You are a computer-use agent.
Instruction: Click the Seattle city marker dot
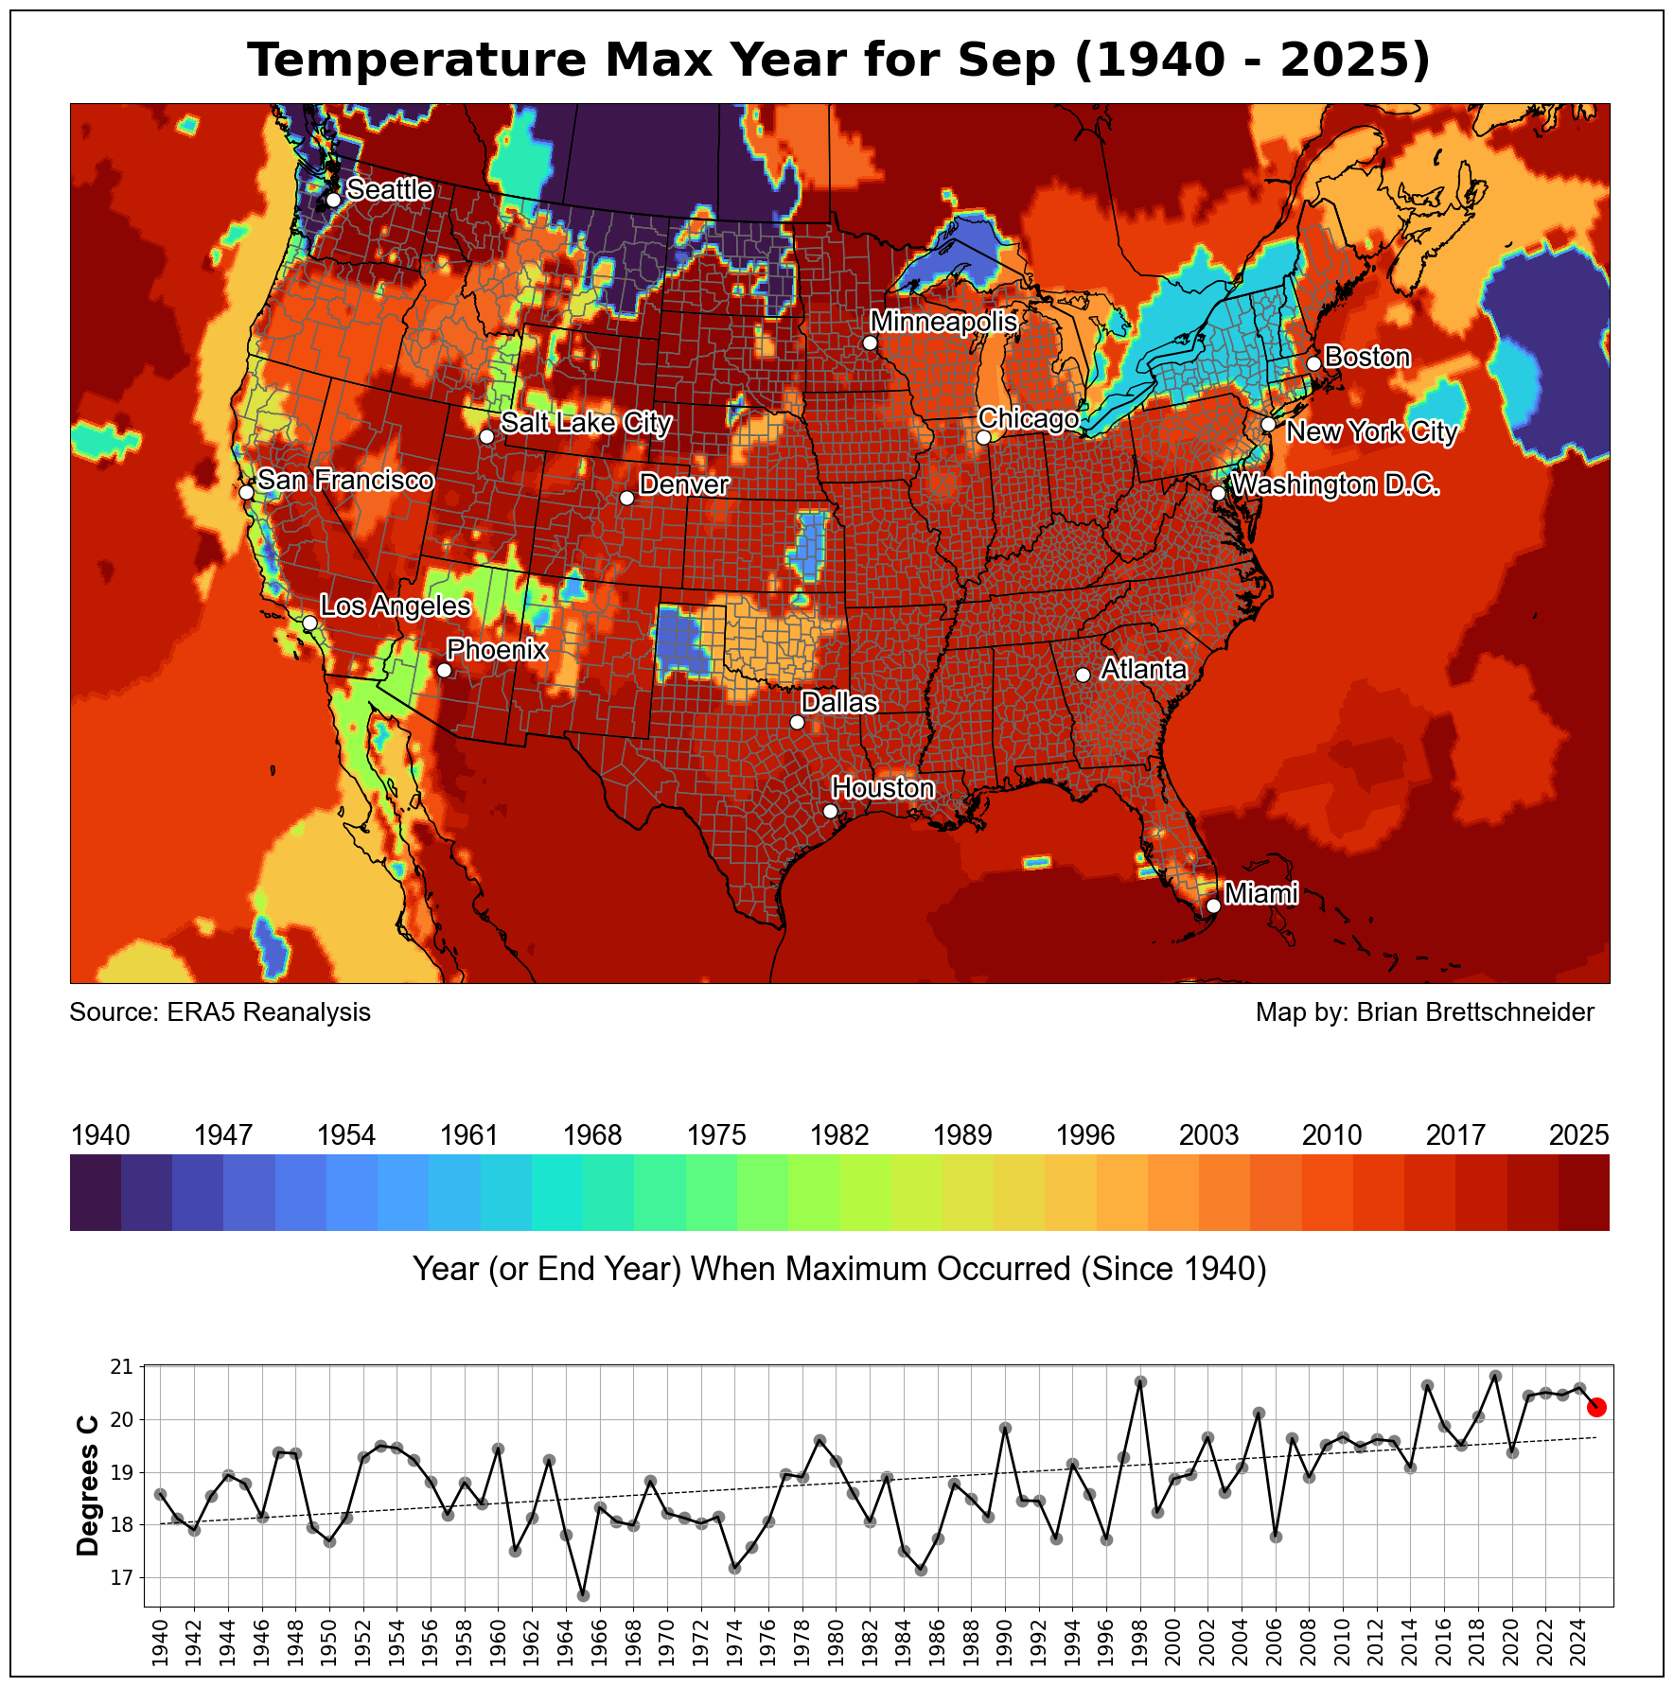click(333, 200)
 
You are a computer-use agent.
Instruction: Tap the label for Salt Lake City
click(585, 423)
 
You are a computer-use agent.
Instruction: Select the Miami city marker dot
click(1213, 905)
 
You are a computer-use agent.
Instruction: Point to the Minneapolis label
click(943, 322)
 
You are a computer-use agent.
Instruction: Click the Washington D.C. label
click(1335, 485)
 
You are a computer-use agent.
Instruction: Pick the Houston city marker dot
click(830, 811)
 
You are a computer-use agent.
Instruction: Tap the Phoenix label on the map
click(497, 650)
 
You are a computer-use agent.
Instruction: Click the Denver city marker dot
click(626, 498)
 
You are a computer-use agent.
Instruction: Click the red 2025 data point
click(1596, 1407)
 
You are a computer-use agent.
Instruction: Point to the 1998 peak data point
click(1140, 1381)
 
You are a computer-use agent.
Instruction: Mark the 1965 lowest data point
click(583, 1595)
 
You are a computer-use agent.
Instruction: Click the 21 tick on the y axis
click(123, 1367)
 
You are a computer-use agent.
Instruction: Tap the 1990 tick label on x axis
click(1006, 1643)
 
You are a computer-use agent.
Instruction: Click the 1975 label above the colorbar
click(716, 1135)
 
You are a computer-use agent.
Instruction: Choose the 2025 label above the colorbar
click(1578, 1135)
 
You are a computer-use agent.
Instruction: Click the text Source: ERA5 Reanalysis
click(220, 1012)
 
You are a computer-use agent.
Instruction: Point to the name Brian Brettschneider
click(1475, 1012)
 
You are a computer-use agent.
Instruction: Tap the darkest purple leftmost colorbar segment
click(96, 1192)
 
